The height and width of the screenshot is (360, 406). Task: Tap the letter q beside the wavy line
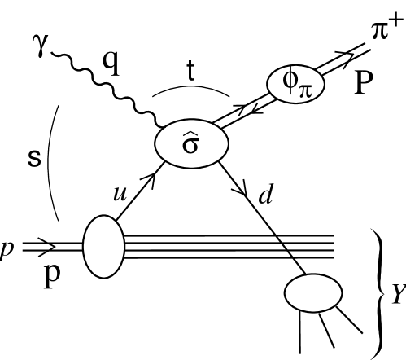110,63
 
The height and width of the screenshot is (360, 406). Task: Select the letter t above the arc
192,72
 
